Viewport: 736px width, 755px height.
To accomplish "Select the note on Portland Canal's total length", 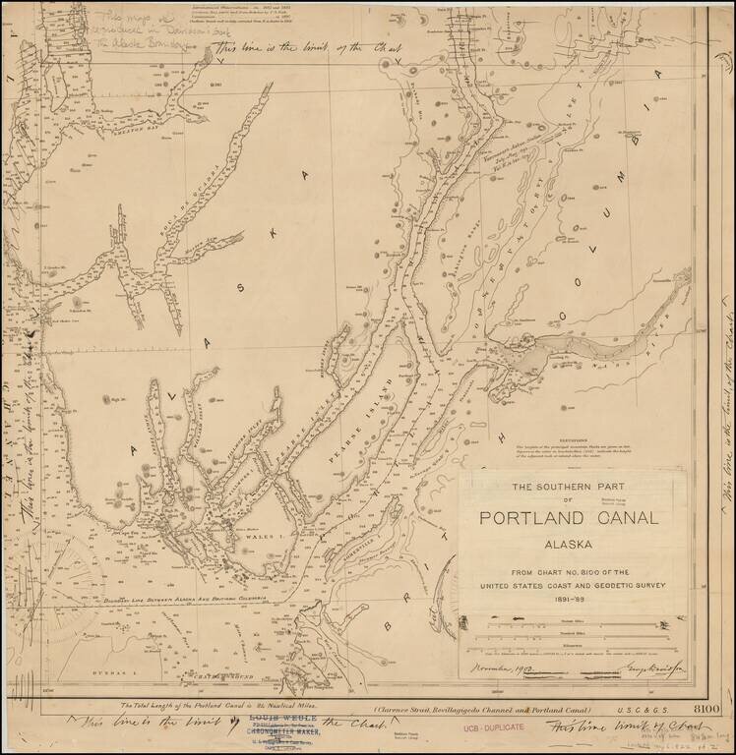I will pyautogui.click(x=222, y=706).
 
